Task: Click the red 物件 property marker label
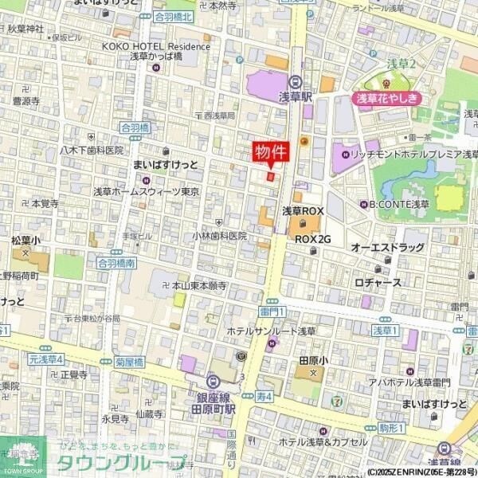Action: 271,151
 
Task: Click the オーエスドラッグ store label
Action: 388,248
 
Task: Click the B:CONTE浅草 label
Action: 398,203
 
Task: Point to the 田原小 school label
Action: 309,359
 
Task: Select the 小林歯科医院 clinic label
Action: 219,236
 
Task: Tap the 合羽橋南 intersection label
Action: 116,261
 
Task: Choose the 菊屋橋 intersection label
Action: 129,361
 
